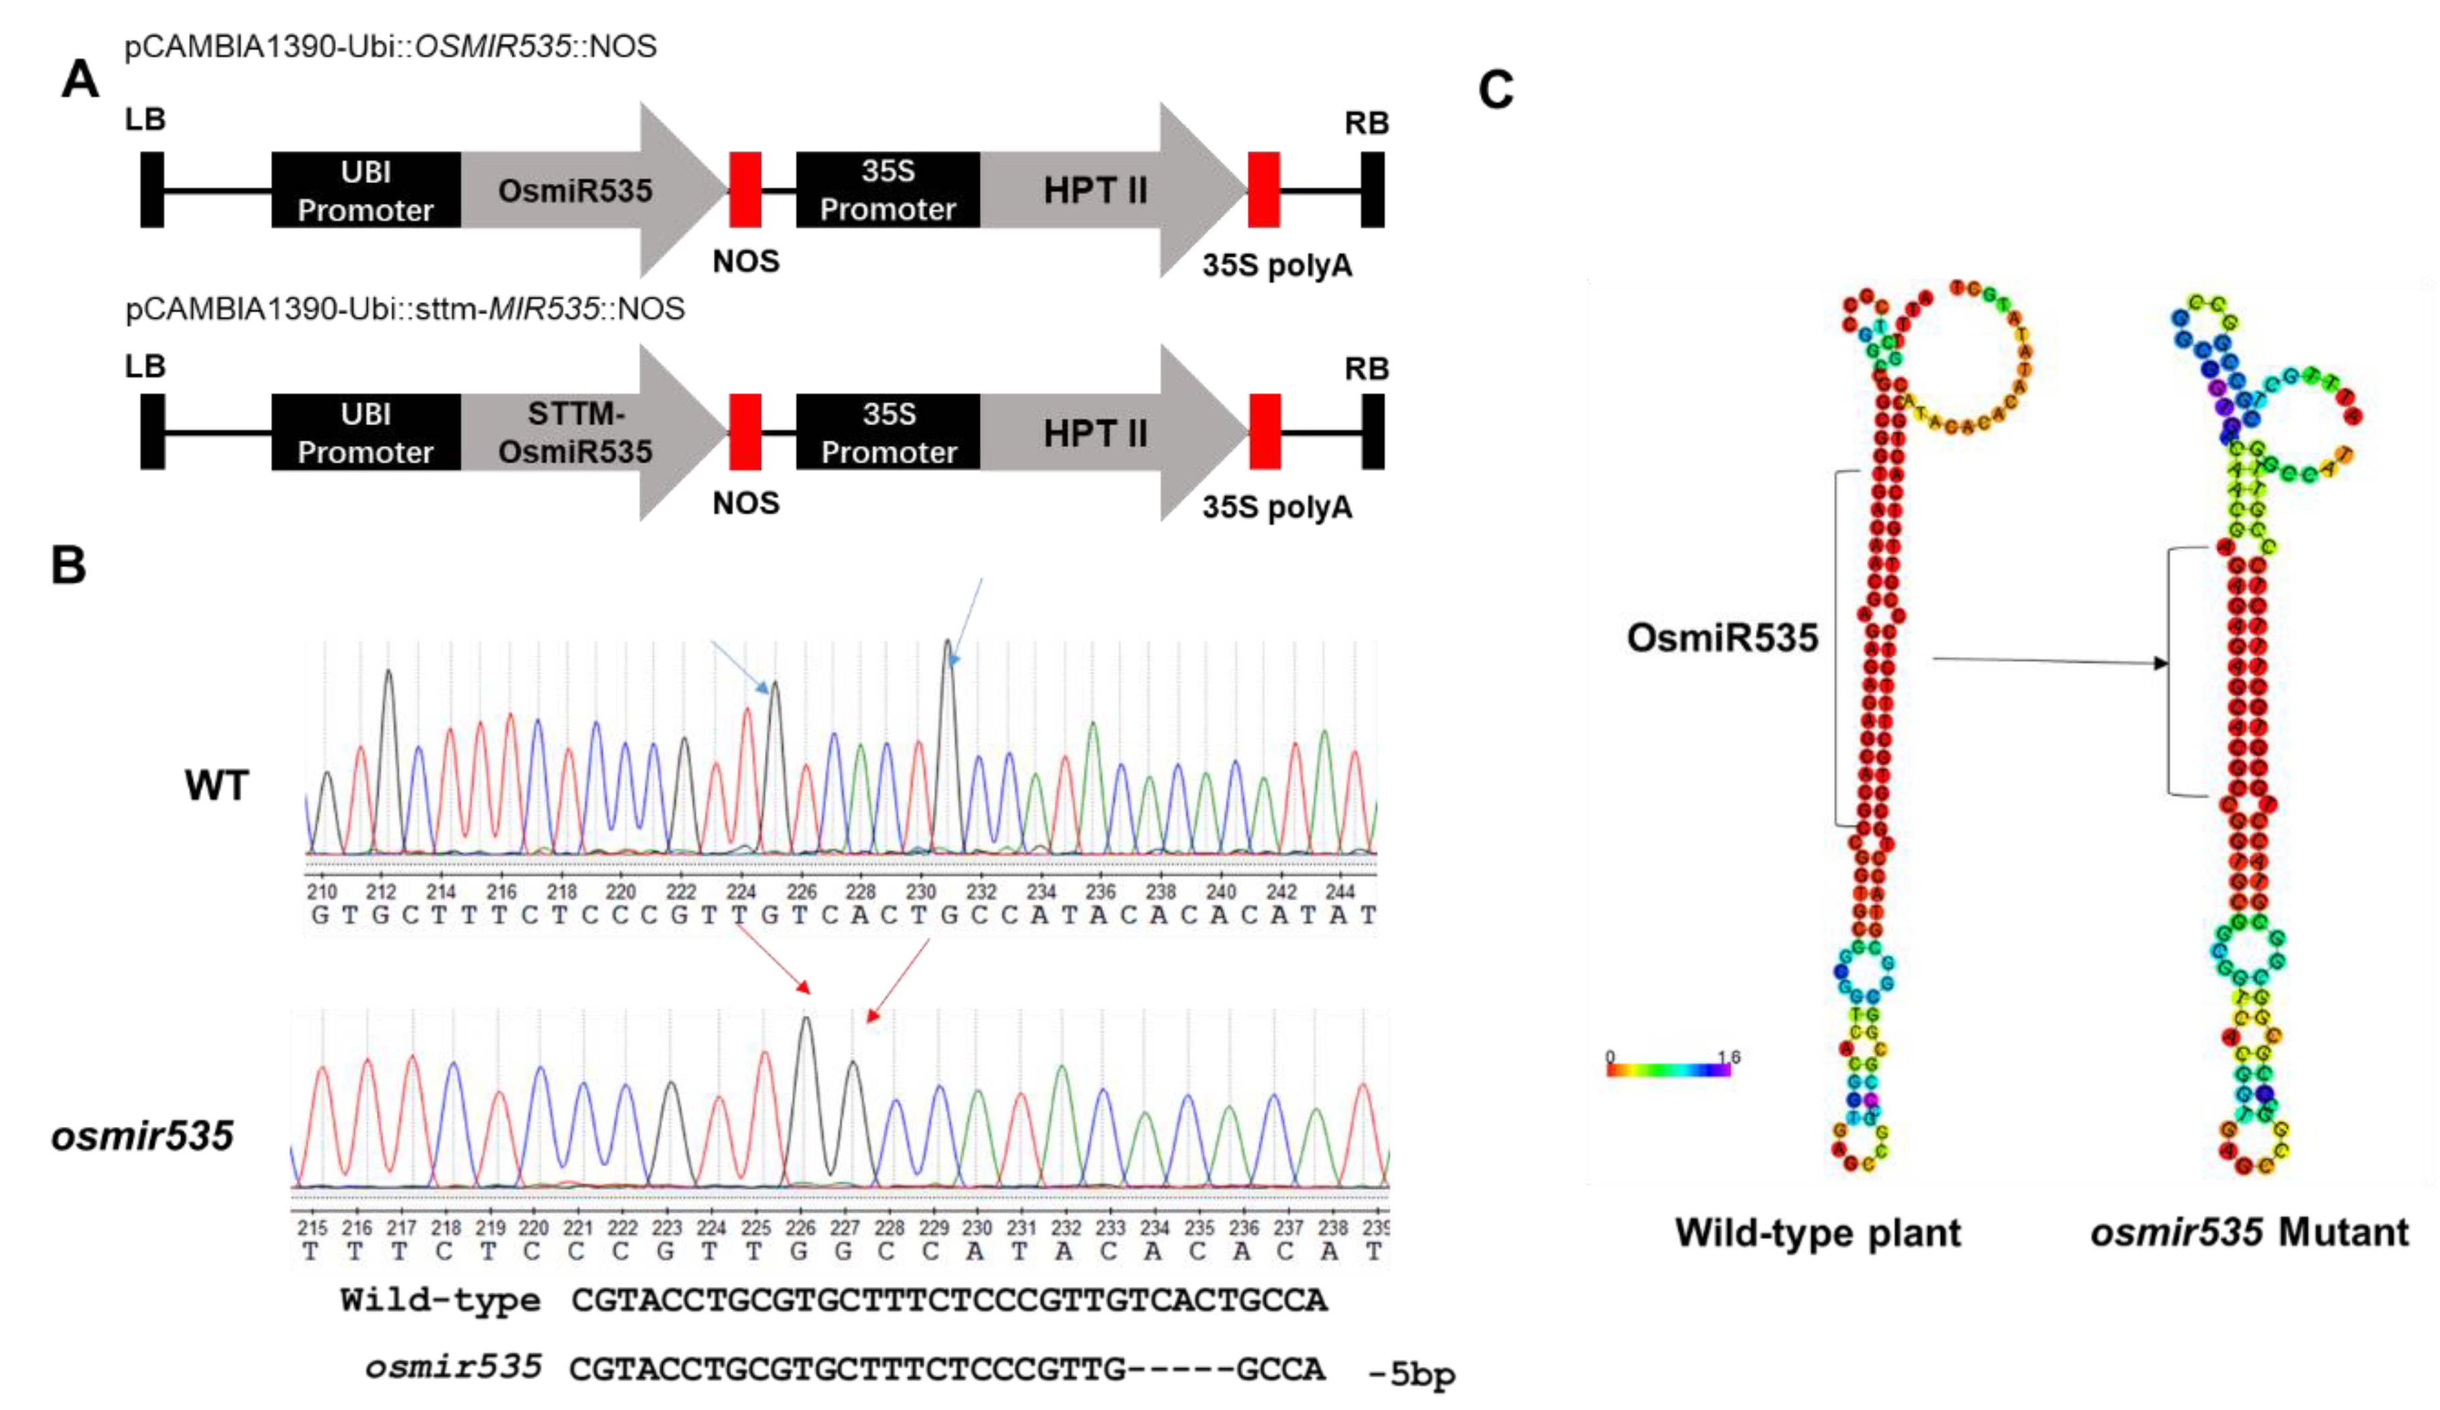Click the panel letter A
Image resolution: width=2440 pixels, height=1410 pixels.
81,79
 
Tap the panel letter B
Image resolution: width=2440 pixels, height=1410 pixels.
68,565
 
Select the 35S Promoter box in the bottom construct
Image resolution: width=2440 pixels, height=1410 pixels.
888,433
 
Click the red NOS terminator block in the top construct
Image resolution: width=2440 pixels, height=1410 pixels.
745,190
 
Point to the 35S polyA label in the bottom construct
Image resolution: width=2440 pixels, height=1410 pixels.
1276,507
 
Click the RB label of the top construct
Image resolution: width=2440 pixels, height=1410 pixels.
1366,123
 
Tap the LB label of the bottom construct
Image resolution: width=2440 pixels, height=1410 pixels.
145,366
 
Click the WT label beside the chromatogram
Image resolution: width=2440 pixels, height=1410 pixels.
217,784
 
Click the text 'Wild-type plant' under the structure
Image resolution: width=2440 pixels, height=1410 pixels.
1817,1233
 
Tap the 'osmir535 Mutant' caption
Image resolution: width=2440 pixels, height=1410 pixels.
2248,1233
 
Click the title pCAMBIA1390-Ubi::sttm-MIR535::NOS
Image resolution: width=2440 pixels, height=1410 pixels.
405,309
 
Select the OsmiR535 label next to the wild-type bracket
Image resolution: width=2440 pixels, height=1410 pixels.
1721,637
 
